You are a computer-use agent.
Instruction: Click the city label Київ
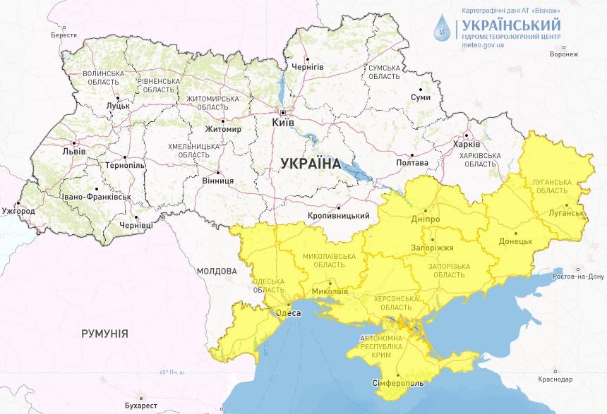284,123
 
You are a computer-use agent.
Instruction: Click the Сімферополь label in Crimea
397,383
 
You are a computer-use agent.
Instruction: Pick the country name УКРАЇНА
310,164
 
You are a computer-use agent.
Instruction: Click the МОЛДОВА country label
217,271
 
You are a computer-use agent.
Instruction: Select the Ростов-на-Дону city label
577,276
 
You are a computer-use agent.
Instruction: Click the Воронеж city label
563,54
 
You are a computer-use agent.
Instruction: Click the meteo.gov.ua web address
483,44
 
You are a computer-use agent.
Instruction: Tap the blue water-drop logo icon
445,29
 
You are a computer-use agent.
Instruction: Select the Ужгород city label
18,211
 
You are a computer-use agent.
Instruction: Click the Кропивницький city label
339,215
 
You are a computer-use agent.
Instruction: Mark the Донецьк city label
516,241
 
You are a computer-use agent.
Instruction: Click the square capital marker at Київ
283,113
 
